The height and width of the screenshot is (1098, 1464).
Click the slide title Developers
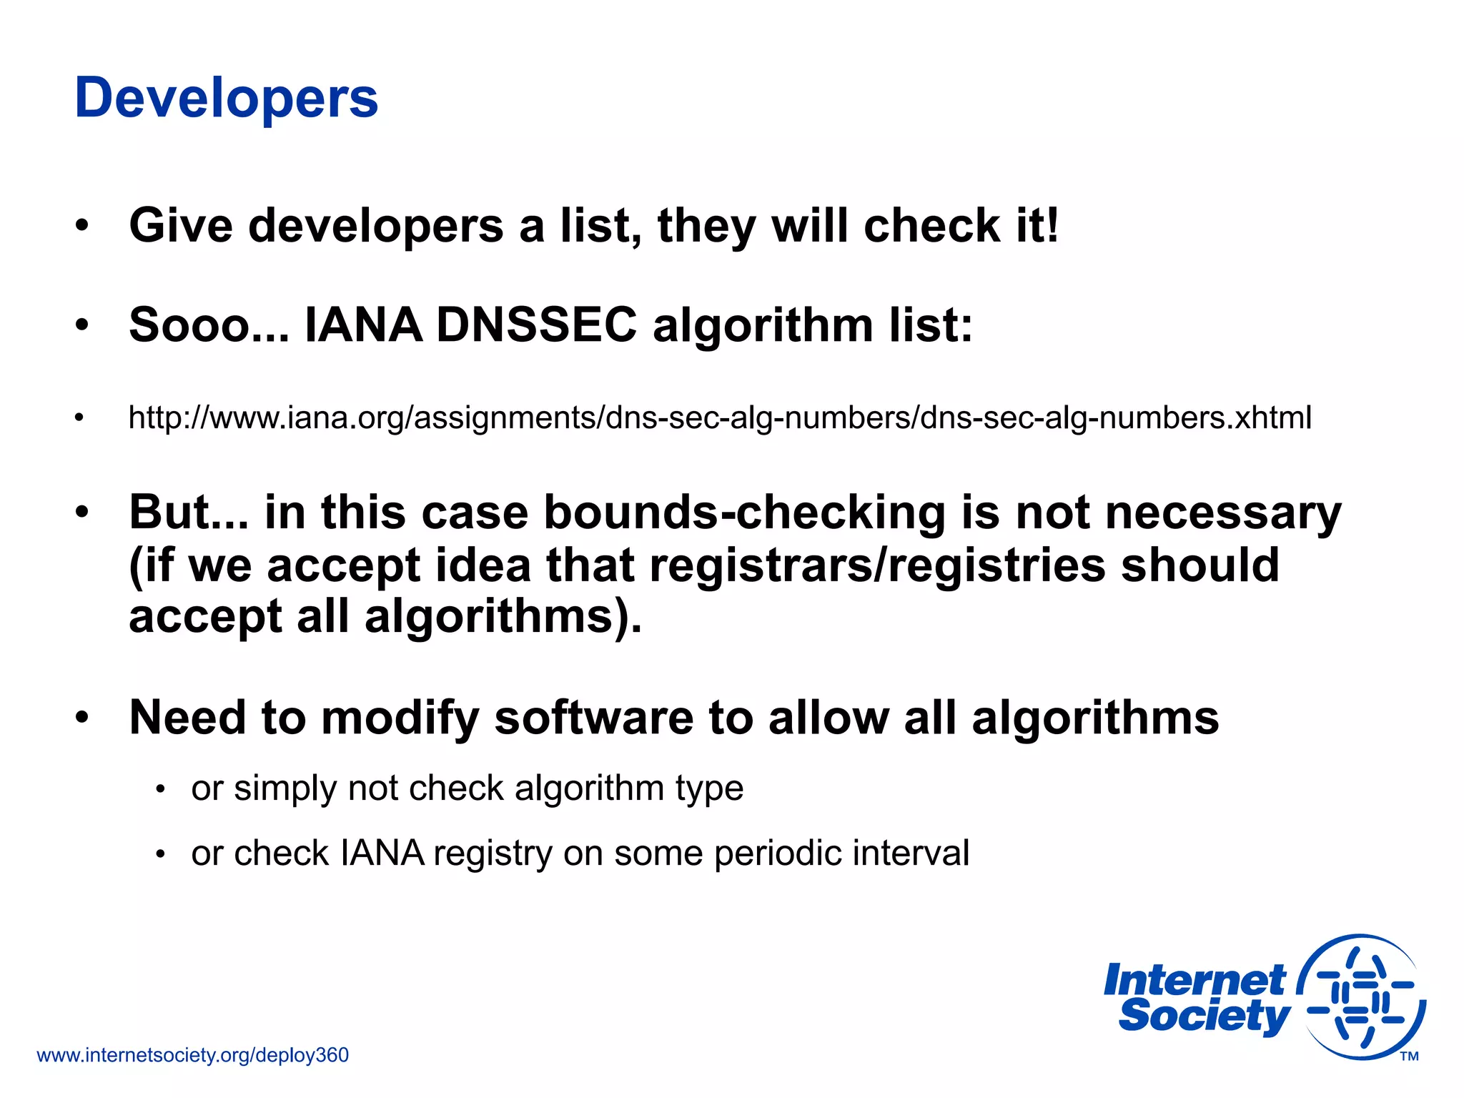tap(226, 98)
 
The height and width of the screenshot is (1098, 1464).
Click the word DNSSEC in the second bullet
tap(536, 325)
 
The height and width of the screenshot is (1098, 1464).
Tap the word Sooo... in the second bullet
tap(208, 325)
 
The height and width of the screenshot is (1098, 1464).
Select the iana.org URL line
tap(719, 417)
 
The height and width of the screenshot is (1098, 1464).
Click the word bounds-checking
tap(744, 513)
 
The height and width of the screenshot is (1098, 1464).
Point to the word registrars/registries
tap(878, 565)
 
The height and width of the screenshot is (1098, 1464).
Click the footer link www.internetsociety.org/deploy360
tap(192, 1055)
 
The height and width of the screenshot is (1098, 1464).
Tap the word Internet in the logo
tap(1194, 980)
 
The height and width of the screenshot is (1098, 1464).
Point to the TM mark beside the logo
tap(1409, 1057)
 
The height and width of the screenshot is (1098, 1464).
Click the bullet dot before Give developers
tap(82, 226)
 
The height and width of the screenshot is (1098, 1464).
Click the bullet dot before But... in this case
tap(82, 513)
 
